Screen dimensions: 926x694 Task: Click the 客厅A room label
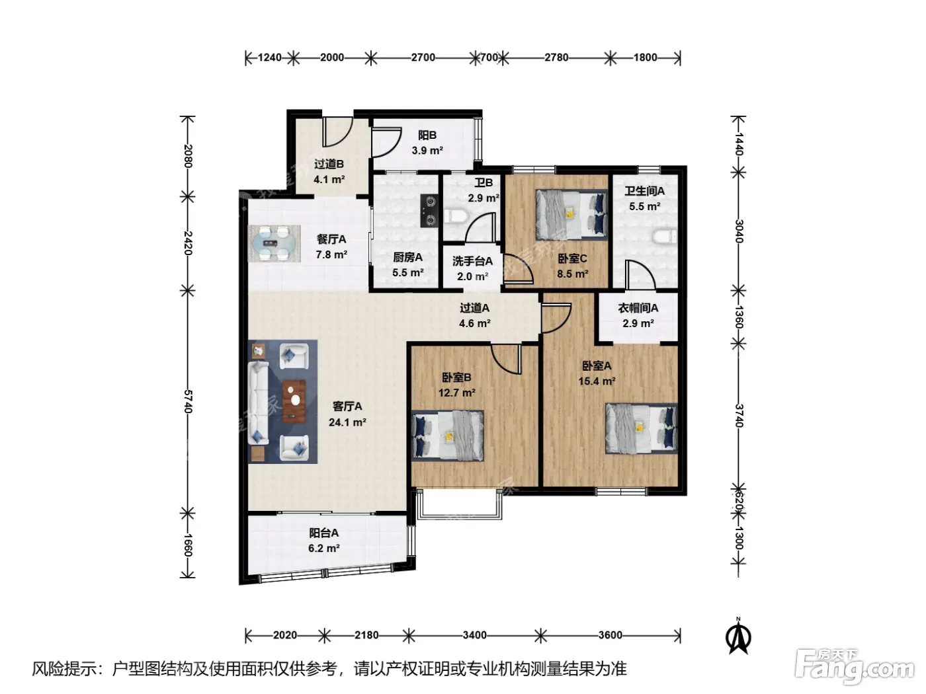347,406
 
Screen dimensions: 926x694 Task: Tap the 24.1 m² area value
347,422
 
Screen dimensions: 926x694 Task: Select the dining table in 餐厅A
274,243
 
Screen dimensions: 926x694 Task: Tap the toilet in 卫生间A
665,237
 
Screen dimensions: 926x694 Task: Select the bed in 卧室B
447,436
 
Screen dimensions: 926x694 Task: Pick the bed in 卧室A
641,428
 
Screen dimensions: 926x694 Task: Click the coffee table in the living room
294,401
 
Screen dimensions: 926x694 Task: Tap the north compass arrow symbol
738,636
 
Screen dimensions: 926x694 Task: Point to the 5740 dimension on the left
188,402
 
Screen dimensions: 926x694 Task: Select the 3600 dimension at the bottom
610,635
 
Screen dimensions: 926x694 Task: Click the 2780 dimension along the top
556,58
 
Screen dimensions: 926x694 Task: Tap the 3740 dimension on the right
739,416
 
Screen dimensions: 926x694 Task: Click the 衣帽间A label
638,308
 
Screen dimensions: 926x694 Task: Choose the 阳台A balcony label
323,533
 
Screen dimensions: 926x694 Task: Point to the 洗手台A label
472,261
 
